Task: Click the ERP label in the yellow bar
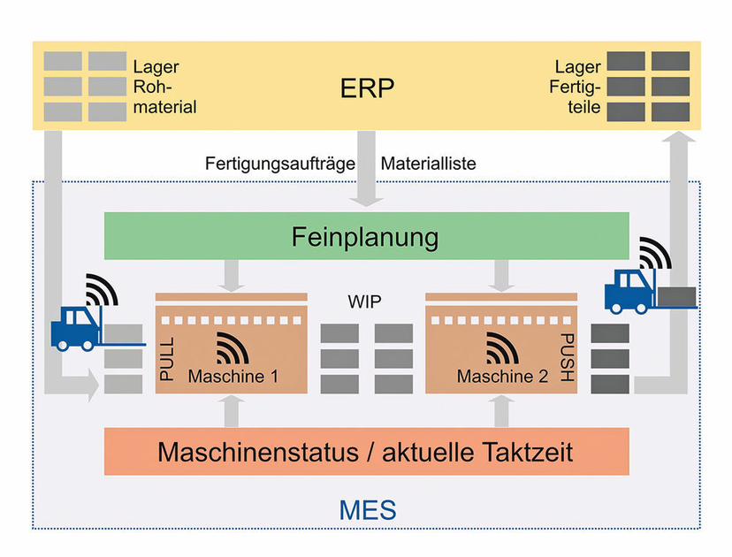tap(366, 88)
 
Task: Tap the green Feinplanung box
tap(366, 237)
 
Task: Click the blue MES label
tap(366, 510)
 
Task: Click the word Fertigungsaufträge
tap(280, 164)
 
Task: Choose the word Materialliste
tap(428, 164)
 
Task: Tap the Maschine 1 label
tap(233, 377)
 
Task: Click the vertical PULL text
tap(167, 358)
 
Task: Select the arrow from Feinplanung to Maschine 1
tap(233, 275)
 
